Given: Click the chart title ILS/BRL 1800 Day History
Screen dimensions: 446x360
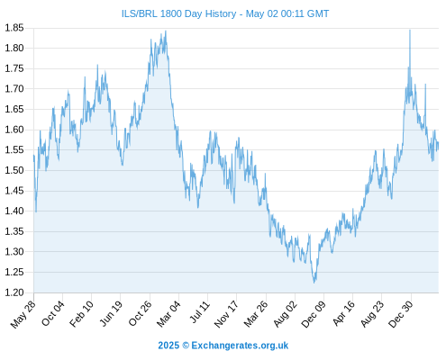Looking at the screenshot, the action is tap(178, 13).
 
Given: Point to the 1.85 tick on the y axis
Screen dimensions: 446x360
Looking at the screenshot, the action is tap(14, 28).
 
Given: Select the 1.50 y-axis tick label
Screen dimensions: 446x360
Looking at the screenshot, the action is tap(14, 170).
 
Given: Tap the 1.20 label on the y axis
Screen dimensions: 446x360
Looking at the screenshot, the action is tap(14, 292).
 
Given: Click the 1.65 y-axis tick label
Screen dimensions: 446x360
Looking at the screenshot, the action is tap(14, 109).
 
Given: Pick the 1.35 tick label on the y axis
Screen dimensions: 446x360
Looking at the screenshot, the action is tap(14, 231).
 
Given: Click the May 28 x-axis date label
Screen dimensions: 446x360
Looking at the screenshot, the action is tap(23, 314).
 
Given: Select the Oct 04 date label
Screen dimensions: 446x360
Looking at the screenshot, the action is tap(53, 313).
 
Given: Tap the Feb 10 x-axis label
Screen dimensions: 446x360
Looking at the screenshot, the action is tap(81, 314).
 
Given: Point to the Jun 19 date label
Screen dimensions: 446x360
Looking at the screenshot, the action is tap(111, 313).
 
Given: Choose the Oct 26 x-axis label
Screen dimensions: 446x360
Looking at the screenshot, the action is tap(140, 313).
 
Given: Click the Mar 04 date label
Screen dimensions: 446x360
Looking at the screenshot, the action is tap(168, 314).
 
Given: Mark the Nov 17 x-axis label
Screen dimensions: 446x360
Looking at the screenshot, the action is tap(226, 314).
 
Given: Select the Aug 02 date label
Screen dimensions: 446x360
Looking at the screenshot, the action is tap(286, 314).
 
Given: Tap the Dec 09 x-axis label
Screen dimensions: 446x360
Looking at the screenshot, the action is tap(314, 314).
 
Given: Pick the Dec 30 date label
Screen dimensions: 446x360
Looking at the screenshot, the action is tap(401, 314).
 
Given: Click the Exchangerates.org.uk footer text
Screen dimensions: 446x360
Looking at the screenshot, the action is tap(240, 346).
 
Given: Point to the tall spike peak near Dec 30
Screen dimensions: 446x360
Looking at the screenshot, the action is tap(410, 30).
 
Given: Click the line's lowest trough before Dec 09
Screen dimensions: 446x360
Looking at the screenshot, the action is tap(314, 283).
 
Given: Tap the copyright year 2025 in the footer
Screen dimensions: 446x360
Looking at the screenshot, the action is tap(168, 346).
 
